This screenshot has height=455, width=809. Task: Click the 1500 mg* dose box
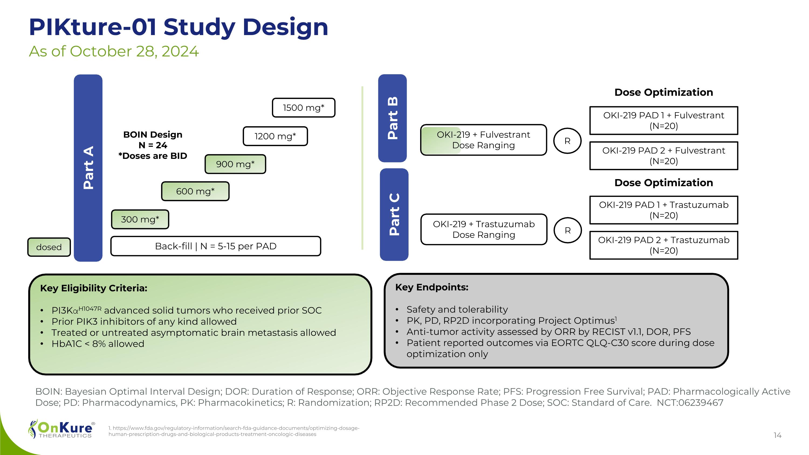[x=303, y=108]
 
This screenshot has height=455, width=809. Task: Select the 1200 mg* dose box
[x=275, y=136]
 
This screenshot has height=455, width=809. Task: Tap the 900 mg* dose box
[x=235, y=164]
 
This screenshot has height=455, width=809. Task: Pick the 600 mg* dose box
[x=195, y=191]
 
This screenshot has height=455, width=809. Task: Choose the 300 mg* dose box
[x=140, y=219]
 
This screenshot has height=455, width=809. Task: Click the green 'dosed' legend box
[x=49, y=247]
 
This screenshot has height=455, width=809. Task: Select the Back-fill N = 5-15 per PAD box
[x=216, y=246]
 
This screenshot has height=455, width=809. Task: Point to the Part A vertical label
[x=88, y=168]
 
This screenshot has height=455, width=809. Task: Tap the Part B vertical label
[x=393, y=118]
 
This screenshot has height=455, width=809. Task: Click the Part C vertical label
[x=394, y=214]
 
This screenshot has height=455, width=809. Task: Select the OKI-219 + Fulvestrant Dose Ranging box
[x=483, y=140]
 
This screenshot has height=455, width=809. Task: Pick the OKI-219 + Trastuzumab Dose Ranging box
[x=484, y=230]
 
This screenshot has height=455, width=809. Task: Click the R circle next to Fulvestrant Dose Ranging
[x=567, y=141]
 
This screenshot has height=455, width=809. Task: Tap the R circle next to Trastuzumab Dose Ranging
[x=567, y=231]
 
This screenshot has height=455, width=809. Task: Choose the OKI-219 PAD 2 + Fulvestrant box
[x=664, y=156]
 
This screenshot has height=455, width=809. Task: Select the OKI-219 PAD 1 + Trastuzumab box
[x=664, y=210]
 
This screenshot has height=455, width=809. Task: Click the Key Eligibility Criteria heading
[x=94, y=288]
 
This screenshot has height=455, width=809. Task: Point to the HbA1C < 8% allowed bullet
[x=98, y=344]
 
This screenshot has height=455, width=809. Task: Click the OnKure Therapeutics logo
[x=61, y=429]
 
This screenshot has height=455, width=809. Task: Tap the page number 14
[x=777, y=435]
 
